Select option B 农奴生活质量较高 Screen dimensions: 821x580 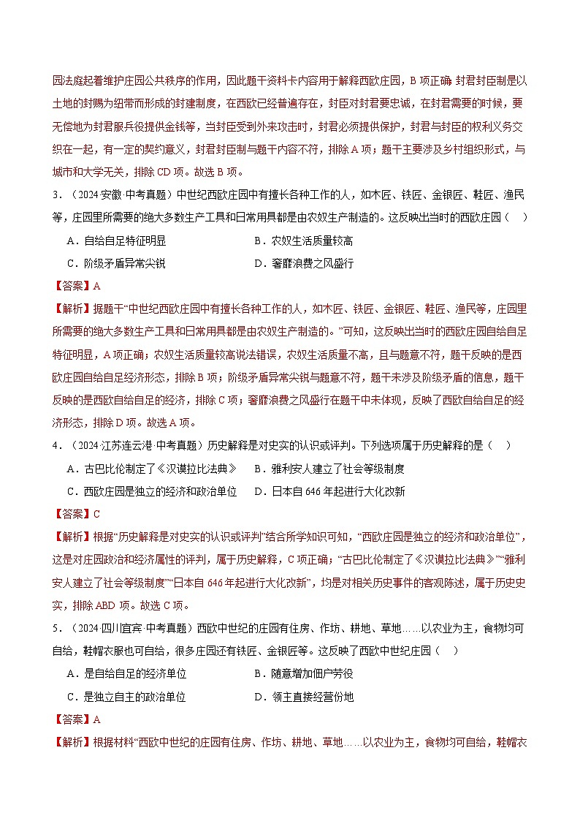click(303, 241)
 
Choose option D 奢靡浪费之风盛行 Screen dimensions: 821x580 click(303, 263)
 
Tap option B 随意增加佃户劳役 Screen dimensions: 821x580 click(303, 674)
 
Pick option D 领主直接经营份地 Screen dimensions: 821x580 click(303, 697)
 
